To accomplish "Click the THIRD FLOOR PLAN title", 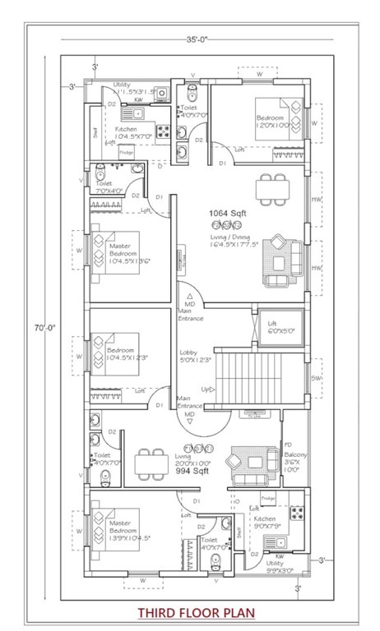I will click(x=196, y=612).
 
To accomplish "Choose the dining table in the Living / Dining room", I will click(x=272, y=189).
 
